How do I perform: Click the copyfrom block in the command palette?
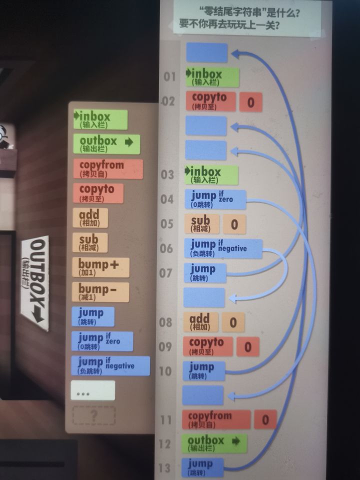coord(108,168)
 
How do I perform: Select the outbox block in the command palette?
coord(106,144)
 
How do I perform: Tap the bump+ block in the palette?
coord(100,267)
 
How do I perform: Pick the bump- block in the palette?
coord(100,292)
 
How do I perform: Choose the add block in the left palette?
coord(90,217)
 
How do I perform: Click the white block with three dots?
coord(93,390)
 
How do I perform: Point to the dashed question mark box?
coord(94,415)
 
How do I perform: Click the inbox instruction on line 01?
coord(212,77)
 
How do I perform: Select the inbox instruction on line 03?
coord(211,175)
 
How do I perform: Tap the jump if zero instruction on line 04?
coord(215,199)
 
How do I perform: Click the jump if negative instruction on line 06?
coord(223,248)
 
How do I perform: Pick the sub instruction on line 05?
coord(201,224)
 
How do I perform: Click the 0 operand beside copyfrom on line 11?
coord(265,419)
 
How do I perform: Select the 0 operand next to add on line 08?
coord(233,322)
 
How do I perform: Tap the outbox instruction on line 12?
coord(214,443)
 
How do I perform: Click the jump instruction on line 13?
coord(202,467)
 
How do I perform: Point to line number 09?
coord(165,346)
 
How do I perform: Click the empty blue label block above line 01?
coord(207,52)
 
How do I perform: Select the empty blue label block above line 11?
coord(203,395)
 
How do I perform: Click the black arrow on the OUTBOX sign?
coord(38,315)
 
